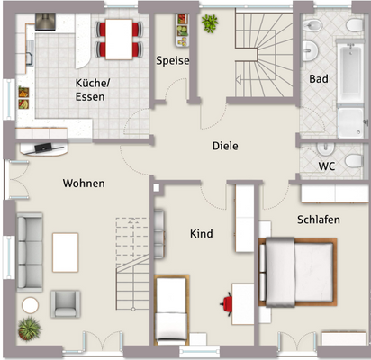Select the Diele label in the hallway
(225, 146)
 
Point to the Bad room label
(318, 79)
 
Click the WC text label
(326, 166)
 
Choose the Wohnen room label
(84, 184)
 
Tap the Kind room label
(201, 234)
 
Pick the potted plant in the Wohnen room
(30, 328)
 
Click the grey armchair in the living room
(66, 302)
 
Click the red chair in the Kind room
(231, 303)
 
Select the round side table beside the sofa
(32, 304)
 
